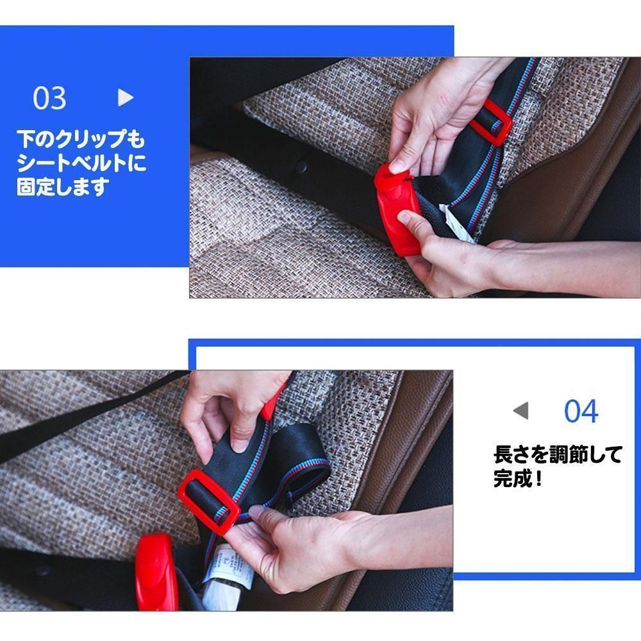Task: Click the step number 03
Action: (x=49, y=98)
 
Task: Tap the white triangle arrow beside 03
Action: (x=125, y=97)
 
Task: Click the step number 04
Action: (x=581, y=411)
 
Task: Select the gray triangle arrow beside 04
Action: (x=520, y=410)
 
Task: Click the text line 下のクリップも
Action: (x=81, y=139)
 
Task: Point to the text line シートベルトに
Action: (x=81, y=163)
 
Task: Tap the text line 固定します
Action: (x=63, y=187)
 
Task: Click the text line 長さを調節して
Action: (x=558, y=454)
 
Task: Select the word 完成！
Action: (x=518, y=478)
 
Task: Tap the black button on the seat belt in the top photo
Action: (x=301, y=165)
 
